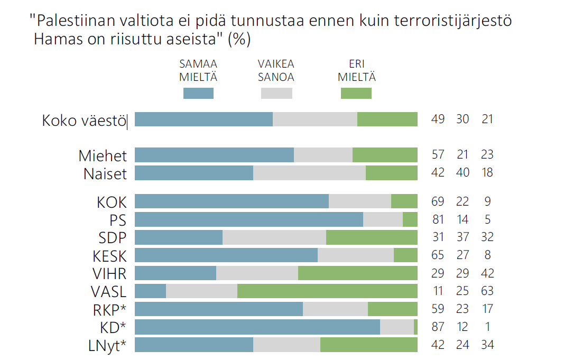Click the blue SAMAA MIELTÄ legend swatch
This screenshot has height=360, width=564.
click(x=198, y=94)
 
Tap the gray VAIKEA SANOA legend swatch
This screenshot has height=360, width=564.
click(x=276, y=94)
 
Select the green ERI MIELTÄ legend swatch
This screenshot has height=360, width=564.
click(x=356, y=94)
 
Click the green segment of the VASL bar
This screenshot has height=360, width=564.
click(x=327, y=291)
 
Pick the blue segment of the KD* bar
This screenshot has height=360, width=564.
click(x=257, y=327)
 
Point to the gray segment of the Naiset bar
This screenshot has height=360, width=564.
click(x=309, y=173)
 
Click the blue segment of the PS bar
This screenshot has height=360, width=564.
click(x=249, y=219)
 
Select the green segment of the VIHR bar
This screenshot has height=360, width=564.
click(x=357, y=273)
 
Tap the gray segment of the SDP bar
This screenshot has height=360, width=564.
click(x=274, y=237)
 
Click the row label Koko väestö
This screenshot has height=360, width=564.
click(x=84, y=121)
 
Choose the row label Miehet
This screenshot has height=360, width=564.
click(x=103, y=156)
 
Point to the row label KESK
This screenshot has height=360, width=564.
click(x=109, y=256)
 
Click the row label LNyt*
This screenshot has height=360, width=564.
click(x=107, y=346)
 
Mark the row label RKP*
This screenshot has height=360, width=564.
click(x=109, y=309)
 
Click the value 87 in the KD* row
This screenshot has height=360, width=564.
click(x=438, y=327)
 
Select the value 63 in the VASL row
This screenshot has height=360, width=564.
click(x=487, y=291)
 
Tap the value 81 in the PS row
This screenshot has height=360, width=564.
click(x=438, y=219)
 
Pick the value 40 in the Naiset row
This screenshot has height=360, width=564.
click(x=463, y=173)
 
